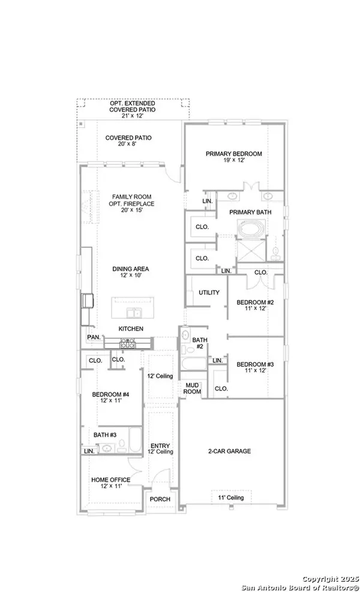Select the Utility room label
click(209, 293)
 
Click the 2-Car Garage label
click(230, 451)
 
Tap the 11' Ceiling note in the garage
click(230, 498)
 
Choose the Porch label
click(160, 499)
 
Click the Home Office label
click(110, 483)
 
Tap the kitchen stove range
click(127, 344)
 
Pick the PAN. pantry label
click(94, 338)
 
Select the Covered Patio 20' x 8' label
click(128, 142)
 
